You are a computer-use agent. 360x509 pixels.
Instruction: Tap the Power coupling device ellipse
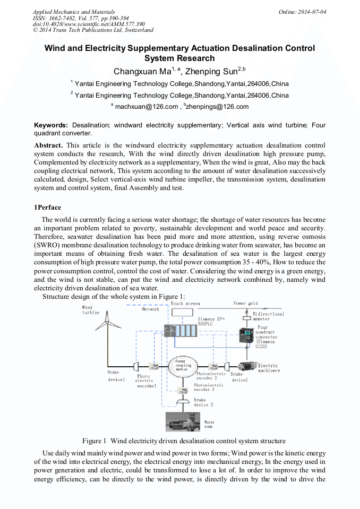pos(183,366)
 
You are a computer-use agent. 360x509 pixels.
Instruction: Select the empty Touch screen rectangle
pos(182,313)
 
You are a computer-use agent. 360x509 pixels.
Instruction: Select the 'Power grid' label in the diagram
pos(246,304)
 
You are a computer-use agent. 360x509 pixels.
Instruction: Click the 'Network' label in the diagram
pos(150,309)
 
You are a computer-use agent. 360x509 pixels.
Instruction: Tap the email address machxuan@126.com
pos(147,107)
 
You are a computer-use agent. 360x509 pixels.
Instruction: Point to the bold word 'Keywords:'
pos(51,125)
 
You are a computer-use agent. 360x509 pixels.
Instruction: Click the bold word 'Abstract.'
pos(48,145)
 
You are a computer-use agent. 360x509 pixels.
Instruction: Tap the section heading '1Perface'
pos(47,207)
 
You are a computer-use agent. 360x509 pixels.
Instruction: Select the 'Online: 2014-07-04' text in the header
pos(302,12)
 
